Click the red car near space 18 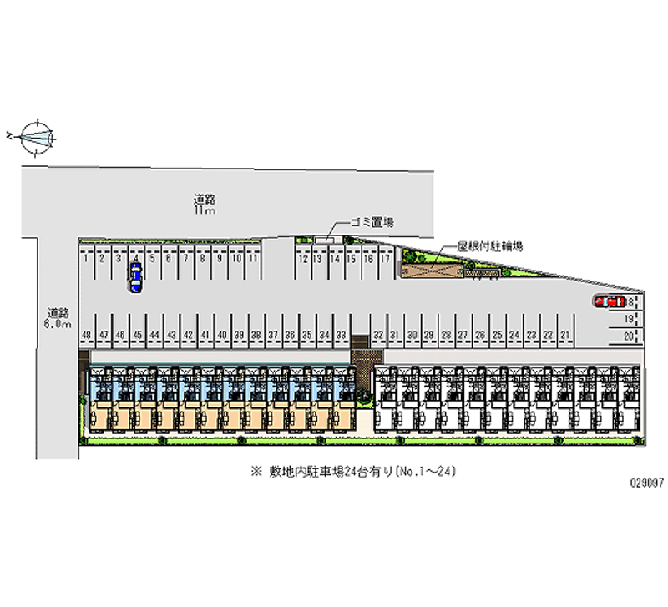(610, 301)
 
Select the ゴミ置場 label (372, 222)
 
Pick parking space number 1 (87, 259)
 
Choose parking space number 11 (251, 259)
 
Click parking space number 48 (87, 335)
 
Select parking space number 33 (341, 335)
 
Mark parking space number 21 (565, 335)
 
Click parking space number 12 (301, 259)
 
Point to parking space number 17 (384, 259)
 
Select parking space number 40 (222, 335)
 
